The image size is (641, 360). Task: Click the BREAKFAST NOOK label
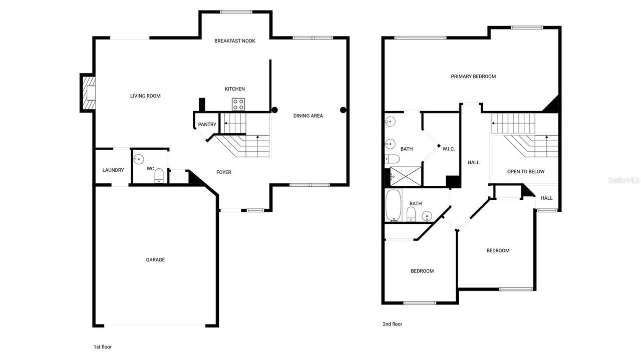tap(234, 41)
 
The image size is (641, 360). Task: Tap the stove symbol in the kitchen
tap(238, 105)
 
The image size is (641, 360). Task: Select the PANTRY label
tap(207, 125)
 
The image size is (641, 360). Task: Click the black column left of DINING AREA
tap(274, 110)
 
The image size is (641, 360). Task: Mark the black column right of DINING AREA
tap(343, 110)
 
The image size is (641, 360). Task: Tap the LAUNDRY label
tap(113, 170)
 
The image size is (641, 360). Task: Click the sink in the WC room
tap(139, 159)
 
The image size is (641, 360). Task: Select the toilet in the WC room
tap(159, 175)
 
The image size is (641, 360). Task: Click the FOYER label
tap(223, 172)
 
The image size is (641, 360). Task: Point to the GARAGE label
tap(155, 260)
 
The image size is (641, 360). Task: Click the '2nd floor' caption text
tap(392, 324)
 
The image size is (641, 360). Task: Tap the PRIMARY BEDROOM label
tap(473, 77)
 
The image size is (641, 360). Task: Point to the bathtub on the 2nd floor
tap(393, 205)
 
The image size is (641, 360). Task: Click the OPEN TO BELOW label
tap(525, 172)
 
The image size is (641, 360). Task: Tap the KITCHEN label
tap(234, 89)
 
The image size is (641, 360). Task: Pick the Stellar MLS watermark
tap(623, 180)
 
